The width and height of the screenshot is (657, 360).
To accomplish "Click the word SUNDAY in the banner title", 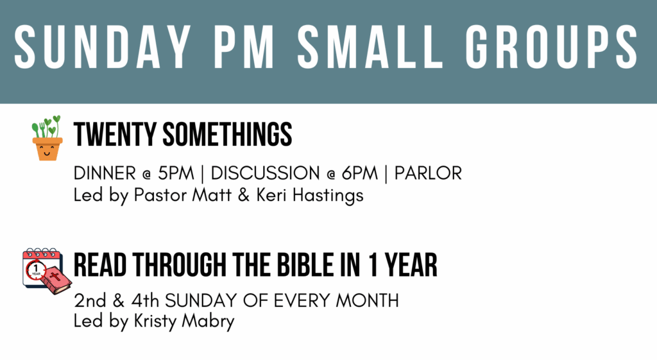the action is [x=103, y=46].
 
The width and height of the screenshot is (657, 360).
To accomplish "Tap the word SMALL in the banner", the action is [x=370, y=46].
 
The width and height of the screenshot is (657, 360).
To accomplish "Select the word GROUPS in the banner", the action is [x=551, y=46].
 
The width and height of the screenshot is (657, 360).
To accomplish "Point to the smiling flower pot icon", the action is [x=47, y=138].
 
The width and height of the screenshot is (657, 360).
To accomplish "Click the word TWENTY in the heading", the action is [x=115, y=134].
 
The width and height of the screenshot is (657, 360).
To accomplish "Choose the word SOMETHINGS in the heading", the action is [x=227, y=134].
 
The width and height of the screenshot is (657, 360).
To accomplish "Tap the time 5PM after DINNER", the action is [x=176, y=173].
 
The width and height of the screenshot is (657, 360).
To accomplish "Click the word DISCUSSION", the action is [x=265, y=173].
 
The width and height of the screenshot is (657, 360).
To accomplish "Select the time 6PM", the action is [x=359, y=173].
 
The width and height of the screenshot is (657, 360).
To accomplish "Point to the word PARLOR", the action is [x=428, y=173].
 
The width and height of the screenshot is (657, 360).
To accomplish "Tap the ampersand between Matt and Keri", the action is [x=243, y=195].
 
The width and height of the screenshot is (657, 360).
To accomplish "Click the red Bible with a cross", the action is [x=56, y=279].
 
